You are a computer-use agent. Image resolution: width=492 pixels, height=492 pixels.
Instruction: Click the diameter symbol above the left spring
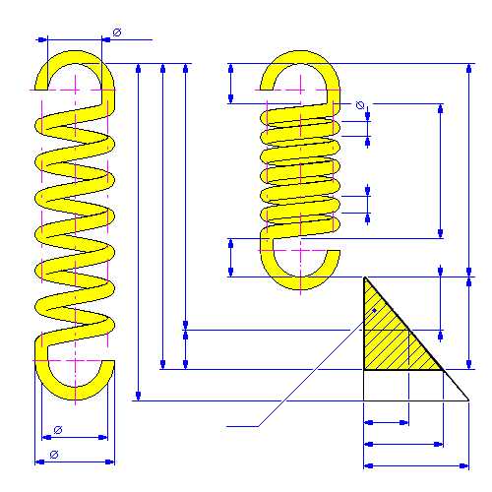click(117, 32)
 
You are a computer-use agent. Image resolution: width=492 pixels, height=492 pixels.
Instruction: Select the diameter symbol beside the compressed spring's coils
click(360, 105)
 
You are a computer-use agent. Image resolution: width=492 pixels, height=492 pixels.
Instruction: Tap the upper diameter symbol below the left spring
click(58, 430)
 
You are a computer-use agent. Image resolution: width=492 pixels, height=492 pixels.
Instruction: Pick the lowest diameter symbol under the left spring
click(54, 455)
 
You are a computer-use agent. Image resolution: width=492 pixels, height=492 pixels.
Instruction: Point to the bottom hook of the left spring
click(76, 393)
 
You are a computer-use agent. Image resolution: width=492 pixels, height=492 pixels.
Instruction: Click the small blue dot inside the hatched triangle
click(374, 310)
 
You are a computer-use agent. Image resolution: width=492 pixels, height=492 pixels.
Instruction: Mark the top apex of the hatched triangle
click(365, 277)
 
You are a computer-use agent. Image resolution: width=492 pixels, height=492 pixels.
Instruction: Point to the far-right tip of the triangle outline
click(468, 400)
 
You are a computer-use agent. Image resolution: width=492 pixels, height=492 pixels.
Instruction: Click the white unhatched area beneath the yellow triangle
click(400, 386)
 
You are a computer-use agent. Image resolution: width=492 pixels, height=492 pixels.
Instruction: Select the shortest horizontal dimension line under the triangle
click(387, 422)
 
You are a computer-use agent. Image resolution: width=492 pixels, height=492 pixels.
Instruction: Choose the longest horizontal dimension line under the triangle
click(416, 465)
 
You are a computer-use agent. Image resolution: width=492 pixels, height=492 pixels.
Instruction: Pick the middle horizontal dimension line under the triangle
click(403, 444)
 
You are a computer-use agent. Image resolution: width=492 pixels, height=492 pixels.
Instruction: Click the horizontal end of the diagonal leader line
click(242, 426)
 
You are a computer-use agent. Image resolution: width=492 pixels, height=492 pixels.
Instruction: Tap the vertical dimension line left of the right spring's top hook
click(231, 84)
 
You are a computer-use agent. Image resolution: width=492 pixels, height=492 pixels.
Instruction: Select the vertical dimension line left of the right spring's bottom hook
click(231, 258)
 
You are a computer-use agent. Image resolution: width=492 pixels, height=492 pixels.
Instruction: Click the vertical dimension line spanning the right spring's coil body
click(441, 171)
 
